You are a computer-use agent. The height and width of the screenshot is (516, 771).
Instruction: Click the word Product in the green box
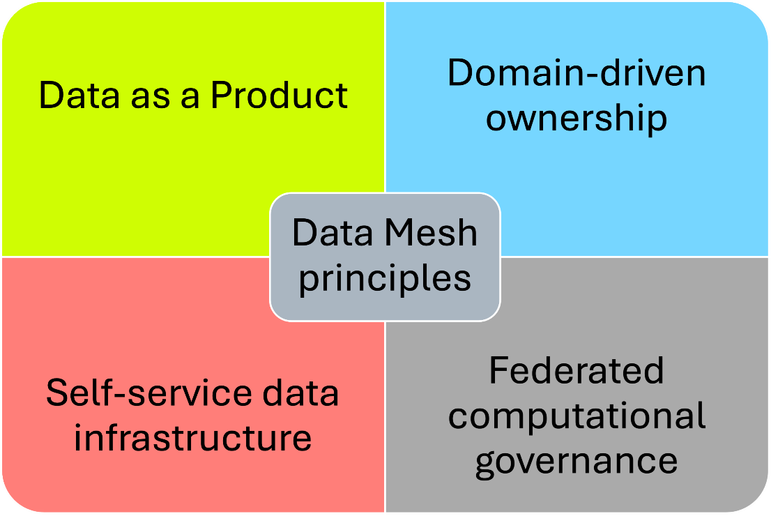point(279,96)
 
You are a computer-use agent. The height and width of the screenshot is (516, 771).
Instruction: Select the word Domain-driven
point(577,73)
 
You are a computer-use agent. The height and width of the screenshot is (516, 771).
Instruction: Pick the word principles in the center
point(385,278)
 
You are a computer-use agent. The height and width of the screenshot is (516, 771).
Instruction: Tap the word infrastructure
point(192,438)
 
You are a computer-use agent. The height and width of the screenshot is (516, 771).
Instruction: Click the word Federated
point(577,370)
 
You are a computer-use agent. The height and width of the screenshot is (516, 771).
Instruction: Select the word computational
point(577,416)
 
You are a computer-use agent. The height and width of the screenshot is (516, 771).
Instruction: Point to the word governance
point(577,461)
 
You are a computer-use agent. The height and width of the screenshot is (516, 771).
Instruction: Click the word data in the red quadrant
point(305,393)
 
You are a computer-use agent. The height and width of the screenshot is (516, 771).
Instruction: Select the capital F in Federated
point(498,370)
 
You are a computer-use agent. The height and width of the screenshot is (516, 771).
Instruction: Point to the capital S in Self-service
point(56,393)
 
